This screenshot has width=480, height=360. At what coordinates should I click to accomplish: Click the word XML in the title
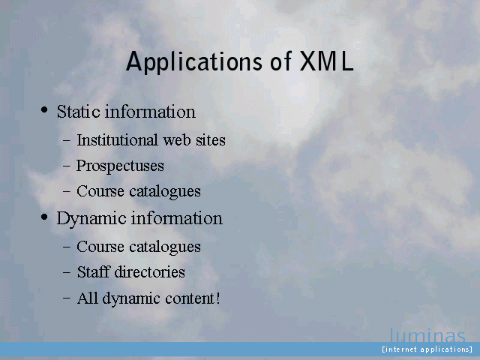[x=326, y=61]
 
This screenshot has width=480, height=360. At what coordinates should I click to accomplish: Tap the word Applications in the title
[x=194, y=61]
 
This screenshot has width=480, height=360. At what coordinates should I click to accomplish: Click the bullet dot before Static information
[x=44, y=109]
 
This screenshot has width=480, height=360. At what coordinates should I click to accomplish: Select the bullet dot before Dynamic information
[x=44, y=217]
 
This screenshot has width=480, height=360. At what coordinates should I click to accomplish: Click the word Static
[x=78, y=111]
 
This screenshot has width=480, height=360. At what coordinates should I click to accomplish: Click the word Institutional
[x=117, y=140]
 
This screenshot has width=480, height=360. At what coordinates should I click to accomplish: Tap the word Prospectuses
[x=120, y=166]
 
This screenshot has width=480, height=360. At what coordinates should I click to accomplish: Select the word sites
[x=211, y=140]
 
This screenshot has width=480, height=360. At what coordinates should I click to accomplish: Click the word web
[x=177, y=140]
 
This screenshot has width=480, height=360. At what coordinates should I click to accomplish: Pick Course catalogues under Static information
[x=139, y=192]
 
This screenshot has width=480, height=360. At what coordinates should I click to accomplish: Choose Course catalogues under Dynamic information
[x=139, y=247]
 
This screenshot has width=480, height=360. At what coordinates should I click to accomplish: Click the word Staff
[x=93, y=271]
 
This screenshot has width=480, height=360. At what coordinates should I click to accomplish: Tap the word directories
[x=150, y=271]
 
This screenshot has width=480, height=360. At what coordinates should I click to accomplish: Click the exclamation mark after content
[x=217, y=298]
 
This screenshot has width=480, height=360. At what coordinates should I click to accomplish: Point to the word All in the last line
[x=87, y=298]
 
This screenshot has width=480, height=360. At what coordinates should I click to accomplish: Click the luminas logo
[x=427, y=335]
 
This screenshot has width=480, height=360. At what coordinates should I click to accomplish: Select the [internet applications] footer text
[x=427, y=349]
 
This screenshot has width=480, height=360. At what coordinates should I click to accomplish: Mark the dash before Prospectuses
[x=67, y=166]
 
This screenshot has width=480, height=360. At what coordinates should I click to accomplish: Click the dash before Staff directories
[x=67, y=272]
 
